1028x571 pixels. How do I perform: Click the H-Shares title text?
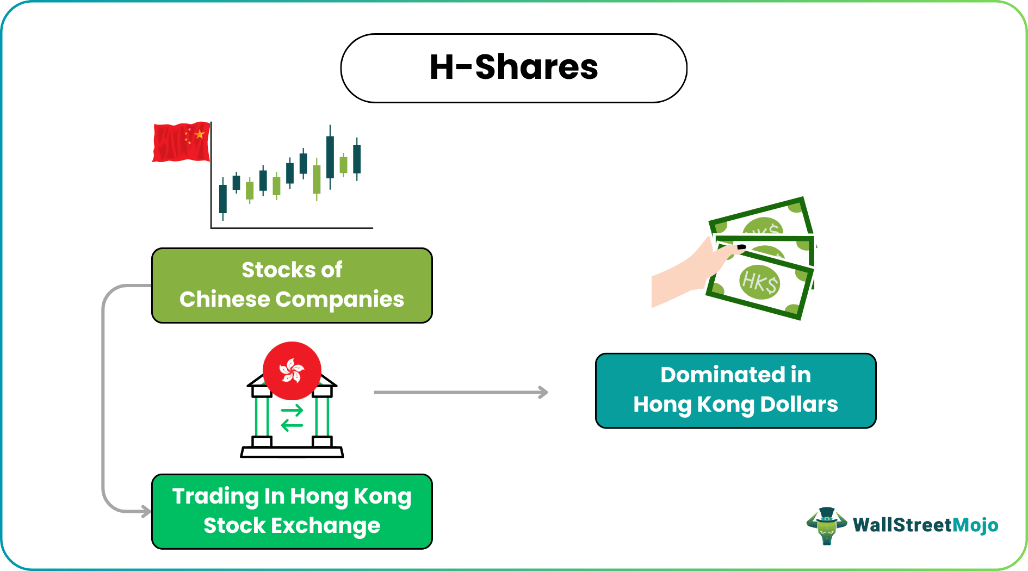[x=513, y=67]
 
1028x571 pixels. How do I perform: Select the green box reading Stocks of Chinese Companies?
[x=292, y=285]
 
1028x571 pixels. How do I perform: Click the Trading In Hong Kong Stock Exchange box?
[x=292, y=511]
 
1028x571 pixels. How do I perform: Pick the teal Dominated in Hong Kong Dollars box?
[x=735, y=390]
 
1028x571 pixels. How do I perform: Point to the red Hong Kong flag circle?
[x=292, y=371]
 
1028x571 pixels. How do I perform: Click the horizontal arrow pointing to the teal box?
[x=461, y=392]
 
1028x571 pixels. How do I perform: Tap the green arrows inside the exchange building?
[x=292, y=418]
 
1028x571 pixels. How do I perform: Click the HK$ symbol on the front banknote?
[x=760, y=282]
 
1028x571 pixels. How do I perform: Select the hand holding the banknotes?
[x=685, y=277]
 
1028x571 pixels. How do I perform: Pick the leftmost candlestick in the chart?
[x=223, y=198]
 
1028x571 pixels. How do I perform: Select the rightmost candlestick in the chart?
[x=357, y=159]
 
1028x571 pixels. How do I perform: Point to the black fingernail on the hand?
[x=741, y=247]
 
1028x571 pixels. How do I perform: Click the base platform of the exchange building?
[x=292, y=452]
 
